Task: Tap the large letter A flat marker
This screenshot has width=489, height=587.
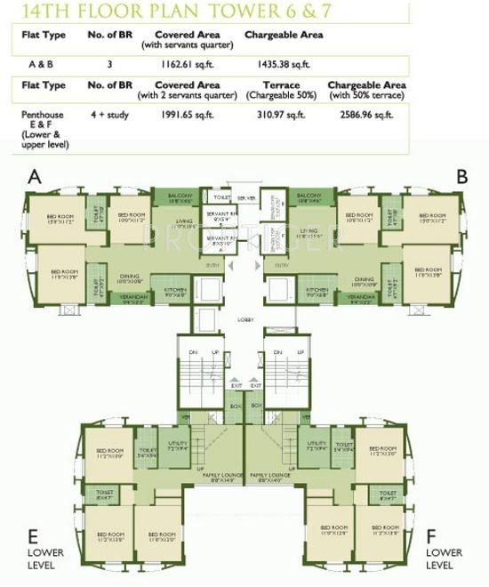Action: [35, 177]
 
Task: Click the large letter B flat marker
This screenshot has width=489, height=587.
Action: [461, 177]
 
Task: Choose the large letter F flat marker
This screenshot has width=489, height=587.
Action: [431, 536]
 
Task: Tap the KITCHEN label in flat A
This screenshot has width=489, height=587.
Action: [175, 289]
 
